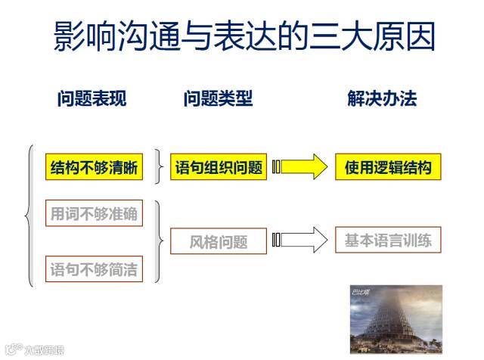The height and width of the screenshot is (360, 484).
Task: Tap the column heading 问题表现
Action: click(x=92, y=99)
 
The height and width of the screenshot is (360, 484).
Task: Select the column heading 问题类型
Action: click(x=217, y=99)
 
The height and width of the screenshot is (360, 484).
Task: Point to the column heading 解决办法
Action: click(x=382, y=99)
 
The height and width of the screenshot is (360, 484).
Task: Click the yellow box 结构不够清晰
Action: click(x=94, y=168)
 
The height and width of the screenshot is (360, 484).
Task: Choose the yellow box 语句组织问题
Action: click(x=219, y=168)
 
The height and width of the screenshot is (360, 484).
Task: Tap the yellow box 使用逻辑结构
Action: click(x=387, y=167)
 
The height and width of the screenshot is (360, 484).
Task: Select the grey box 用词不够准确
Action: click(x=94, y=214)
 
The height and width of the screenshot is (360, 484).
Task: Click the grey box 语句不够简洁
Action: click(x=94, y=268)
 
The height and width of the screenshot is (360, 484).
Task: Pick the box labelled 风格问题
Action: click(x=219, y=242)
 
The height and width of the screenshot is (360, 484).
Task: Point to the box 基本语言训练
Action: click(x=388, y=241)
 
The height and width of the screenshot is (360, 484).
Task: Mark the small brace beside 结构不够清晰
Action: click(x=157, y=167)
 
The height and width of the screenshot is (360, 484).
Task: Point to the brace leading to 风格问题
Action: click(x=159, y=241)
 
